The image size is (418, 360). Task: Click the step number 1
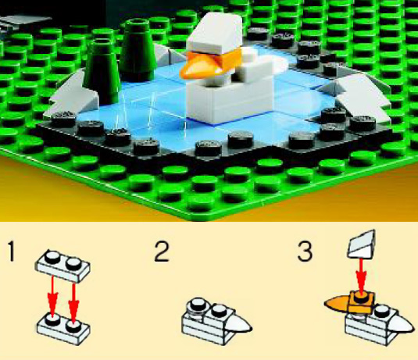click(11, 251)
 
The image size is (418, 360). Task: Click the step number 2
click(162, 251)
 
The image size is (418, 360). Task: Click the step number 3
click(305, 251)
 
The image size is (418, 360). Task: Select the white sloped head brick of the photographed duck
click(215, 34)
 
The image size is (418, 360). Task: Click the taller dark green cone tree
click(138, 51)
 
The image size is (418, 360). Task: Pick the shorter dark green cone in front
click(102, 73)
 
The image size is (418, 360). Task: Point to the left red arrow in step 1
click(53, 296)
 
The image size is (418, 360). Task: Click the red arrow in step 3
click(361, 276)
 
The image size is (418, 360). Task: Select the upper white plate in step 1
click(63, 266)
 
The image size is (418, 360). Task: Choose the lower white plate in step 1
click(63, 328)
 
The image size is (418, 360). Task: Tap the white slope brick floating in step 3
click(362, 244)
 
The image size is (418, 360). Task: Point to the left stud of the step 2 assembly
click(197, 304)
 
